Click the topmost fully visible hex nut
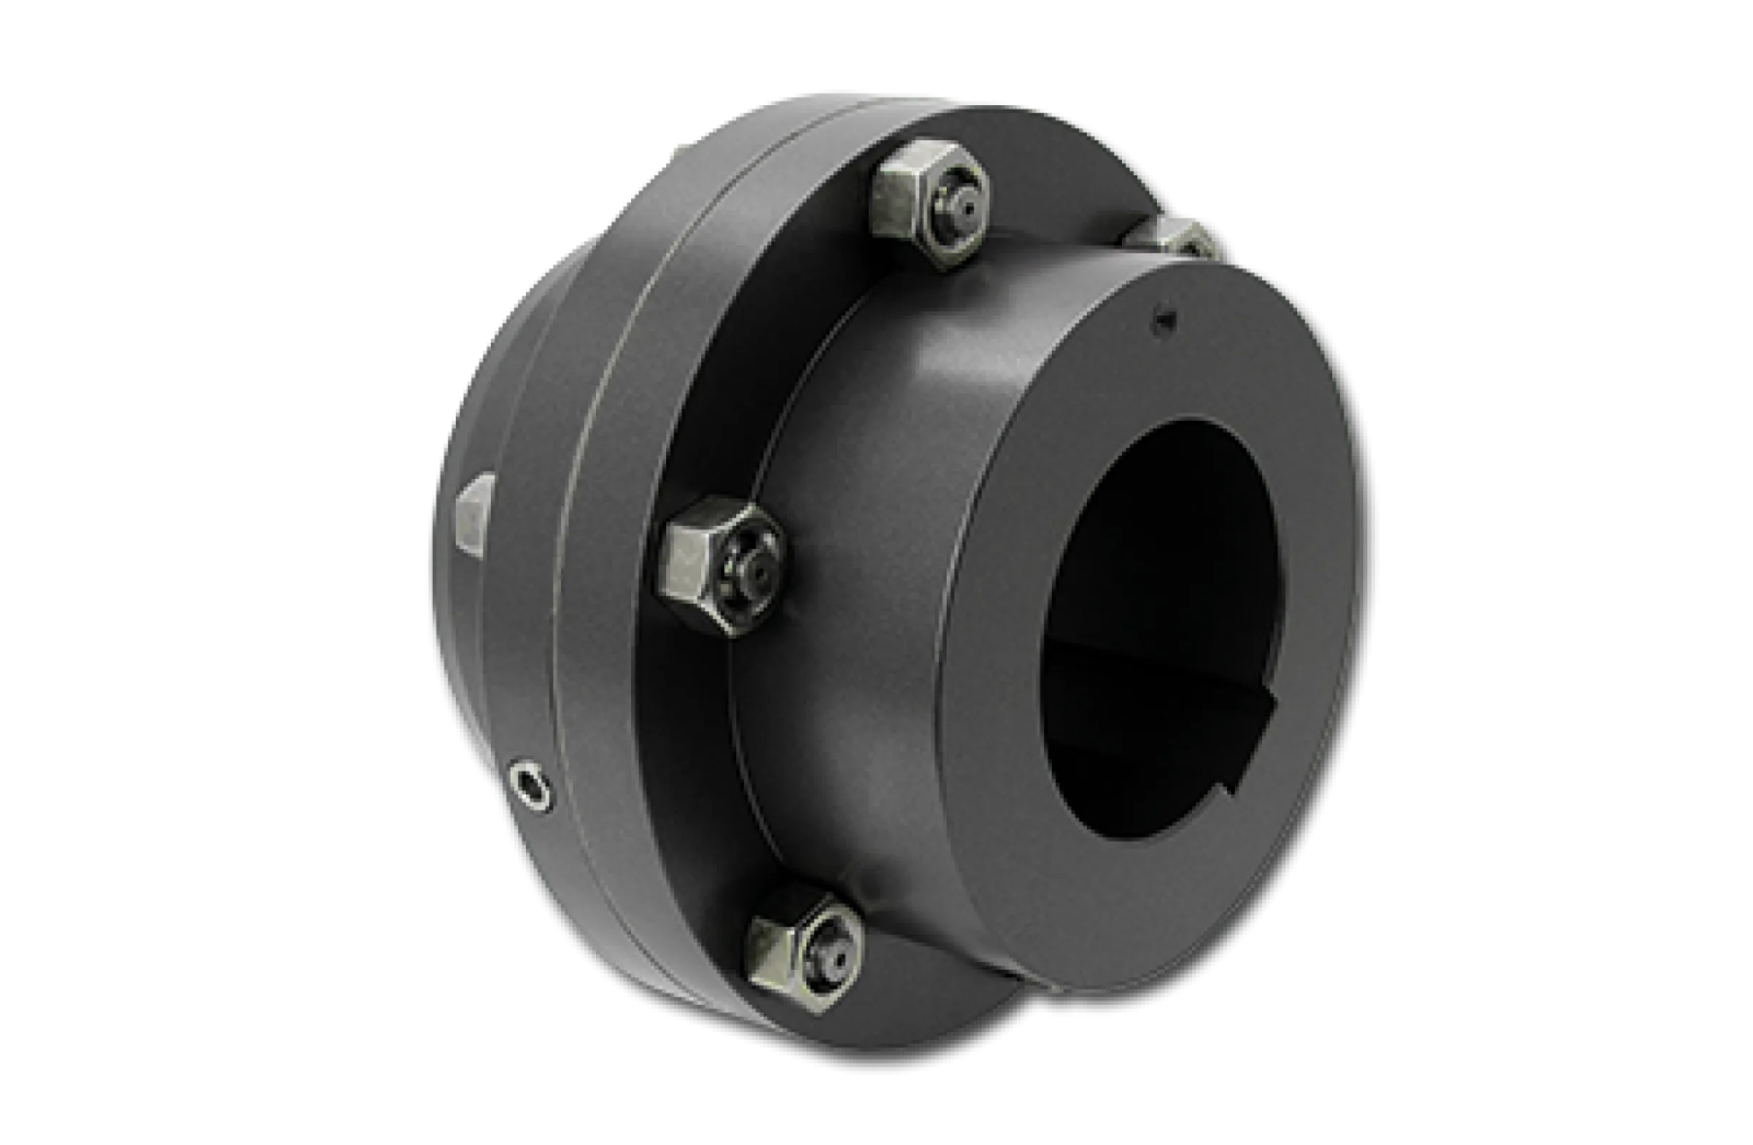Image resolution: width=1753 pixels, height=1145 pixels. [930, 204]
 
